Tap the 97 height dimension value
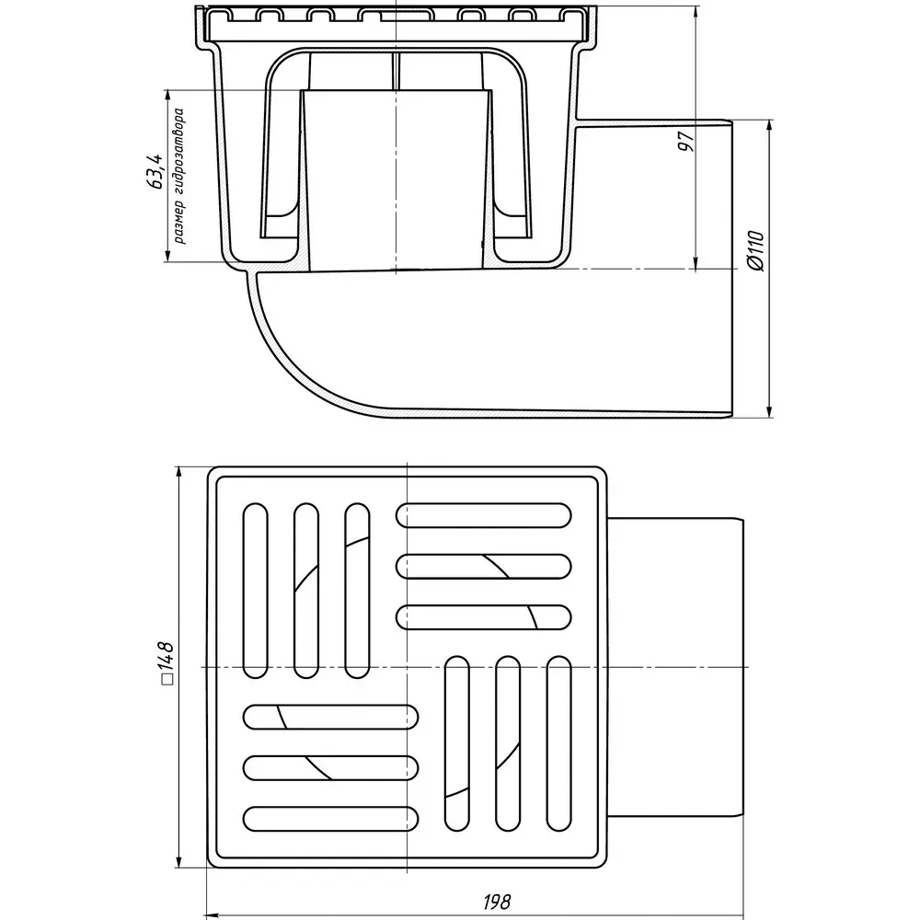coord(686,142)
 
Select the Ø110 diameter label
coord(756,251)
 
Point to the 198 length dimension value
coord(497,901)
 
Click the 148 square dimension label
coord(166,663)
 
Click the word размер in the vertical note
coord(179,222)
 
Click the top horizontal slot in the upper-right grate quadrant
coord(484,515)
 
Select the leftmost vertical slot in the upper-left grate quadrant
coord(255,591)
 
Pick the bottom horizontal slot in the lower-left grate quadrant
coord(331,819)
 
